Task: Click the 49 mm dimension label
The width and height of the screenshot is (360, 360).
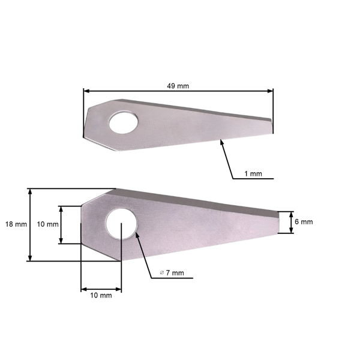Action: (178, 86)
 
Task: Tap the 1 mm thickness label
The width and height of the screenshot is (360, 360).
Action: (253, 174)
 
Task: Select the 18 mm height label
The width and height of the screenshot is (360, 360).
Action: (16, 224)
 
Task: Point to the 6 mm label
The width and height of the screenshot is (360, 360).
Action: (303, 222)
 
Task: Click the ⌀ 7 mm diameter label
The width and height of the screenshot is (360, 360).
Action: (172, 273)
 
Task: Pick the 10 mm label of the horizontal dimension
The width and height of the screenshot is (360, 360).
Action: (101, 296)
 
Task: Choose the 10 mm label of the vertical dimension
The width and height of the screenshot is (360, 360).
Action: (48, 224)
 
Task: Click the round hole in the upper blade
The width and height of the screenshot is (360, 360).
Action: (124, 122)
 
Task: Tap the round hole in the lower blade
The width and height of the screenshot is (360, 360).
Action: (121, 224)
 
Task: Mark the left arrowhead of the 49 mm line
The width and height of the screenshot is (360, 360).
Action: (86, 91)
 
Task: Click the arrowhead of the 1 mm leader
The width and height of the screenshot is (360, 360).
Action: (221, 141)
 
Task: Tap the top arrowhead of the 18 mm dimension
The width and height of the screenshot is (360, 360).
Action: (29, 191)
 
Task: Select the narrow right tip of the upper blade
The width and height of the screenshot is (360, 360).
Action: (271, 125)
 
